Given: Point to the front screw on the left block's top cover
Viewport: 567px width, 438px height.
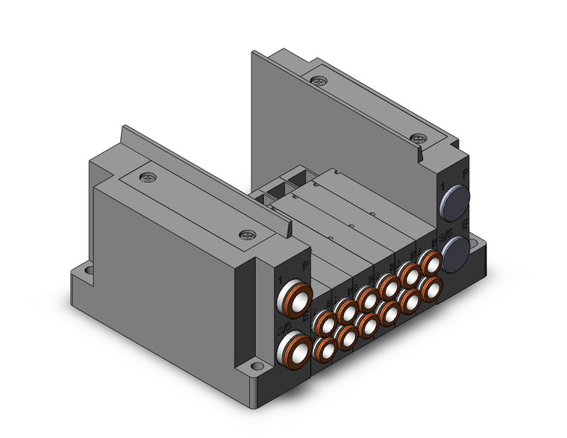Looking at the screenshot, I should pos(245,234).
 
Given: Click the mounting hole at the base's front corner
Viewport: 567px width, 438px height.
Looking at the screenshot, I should pos(257,366).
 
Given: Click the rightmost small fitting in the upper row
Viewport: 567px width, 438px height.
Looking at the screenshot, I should pos(430,263).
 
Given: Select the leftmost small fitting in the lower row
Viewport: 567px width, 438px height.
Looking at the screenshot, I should pos(325,349).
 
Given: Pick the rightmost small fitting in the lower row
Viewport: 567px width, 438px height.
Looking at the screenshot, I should pos(430,289).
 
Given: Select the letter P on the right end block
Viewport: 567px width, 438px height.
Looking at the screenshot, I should pos(466,173).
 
